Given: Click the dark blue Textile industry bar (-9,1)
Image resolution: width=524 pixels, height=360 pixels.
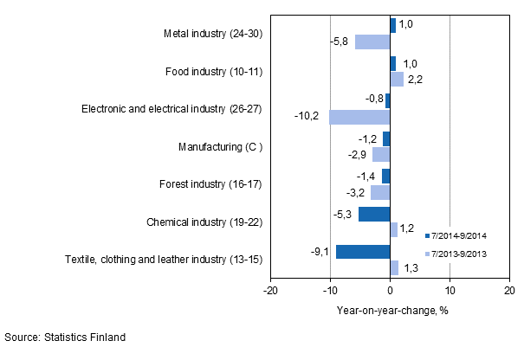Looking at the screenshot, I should click(x=363, y=252).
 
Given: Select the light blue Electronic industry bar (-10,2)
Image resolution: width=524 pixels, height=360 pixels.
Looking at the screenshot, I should click(x=359, y=117).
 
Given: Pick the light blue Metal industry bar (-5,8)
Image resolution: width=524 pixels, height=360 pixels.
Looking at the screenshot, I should click(x=372, y=42).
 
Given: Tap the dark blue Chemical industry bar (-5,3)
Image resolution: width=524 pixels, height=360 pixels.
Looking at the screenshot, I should click(x=374, y=214).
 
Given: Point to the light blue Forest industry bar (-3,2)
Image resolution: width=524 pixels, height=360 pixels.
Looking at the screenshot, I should click(x=380, y=192).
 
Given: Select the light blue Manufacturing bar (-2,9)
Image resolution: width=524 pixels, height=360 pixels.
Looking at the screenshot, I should click(x=381, y=154).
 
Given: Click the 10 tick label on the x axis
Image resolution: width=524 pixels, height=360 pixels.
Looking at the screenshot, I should click(x=450, y=291).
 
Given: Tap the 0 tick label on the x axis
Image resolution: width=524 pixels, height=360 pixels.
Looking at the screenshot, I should click(x=390, y=291).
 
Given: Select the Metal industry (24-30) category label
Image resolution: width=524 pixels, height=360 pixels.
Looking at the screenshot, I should click(x=212, y=34).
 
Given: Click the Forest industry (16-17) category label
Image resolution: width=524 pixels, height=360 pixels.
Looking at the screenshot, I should click(x=210, y=183).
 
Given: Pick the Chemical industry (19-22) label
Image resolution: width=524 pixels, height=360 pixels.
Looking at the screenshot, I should click(x=205, y=222).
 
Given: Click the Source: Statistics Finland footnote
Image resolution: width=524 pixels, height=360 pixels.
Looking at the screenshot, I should click(x=65, y=337).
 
